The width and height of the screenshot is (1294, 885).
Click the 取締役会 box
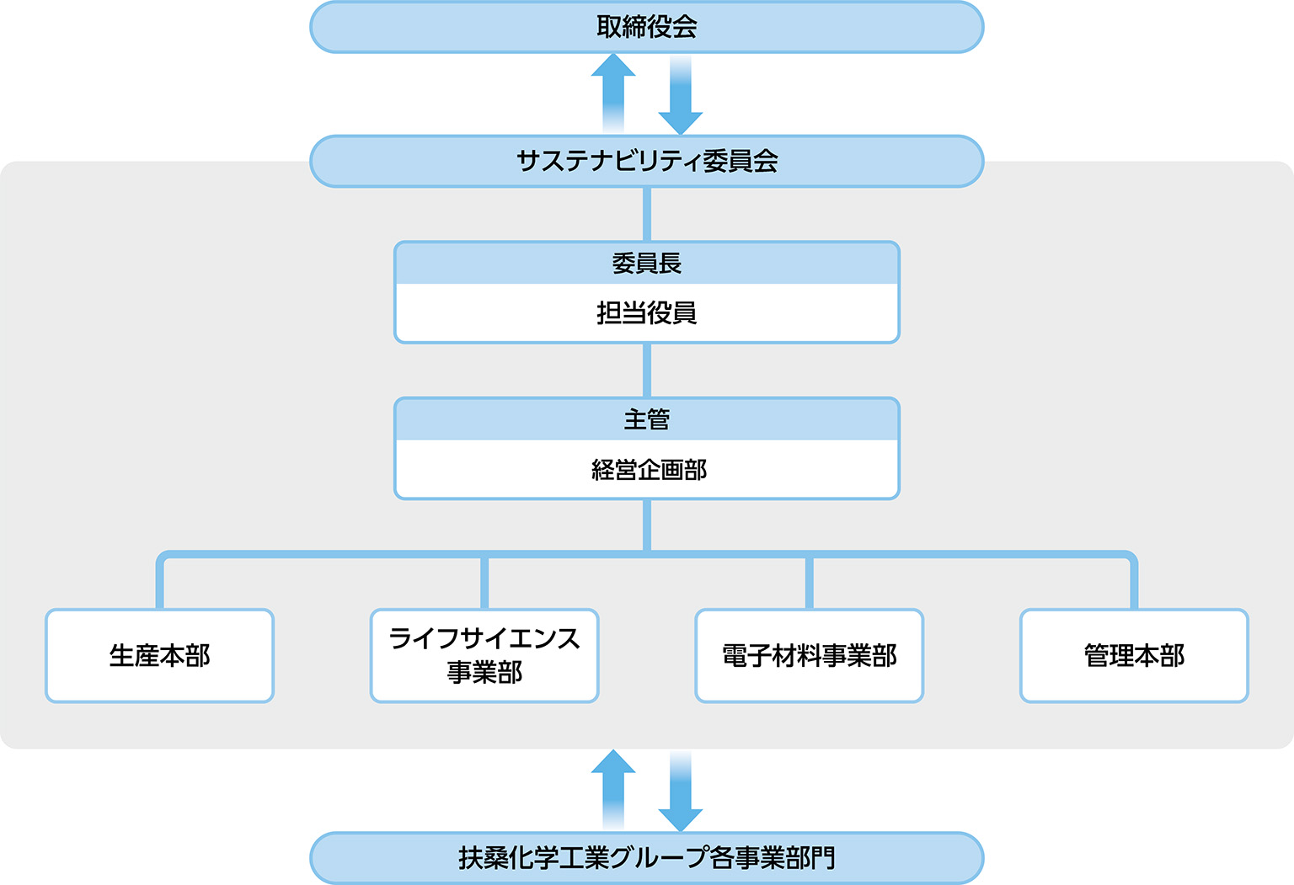tap(646, 27)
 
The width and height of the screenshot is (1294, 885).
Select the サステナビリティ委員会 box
tap(646, 161)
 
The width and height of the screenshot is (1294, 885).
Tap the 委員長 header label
tap(646, 264)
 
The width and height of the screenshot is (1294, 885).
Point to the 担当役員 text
tap(646, 313)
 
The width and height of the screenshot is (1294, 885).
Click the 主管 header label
tap(646, 419)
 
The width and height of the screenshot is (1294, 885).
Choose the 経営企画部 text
tap(649, 470)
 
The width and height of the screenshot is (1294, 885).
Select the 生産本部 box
tap(159, 655)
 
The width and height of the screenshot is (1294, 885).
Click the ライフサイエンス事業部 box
tap(484, 655)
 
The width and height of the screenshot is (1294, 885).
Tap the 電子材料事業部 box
tap(809, 655)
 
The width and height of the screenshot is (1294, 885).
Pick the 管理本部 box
tap(1134, 655)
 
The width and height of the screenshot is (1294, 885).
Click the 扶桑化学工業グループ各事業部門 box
tap(646, 858)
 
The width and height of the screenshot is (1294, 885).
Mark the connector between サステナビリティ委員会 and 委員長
tap(646, 214)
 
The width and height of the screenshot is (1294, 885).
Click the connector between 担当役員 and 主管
tap(646, 370)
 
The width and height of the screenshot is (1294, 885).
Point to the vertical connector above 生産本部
tap(159, 583)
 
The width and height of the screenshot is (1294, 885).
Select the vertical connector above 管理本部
tap(1134, 583)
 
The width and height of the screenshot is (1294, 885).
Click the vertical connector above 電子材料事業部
tap(809, 583)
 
